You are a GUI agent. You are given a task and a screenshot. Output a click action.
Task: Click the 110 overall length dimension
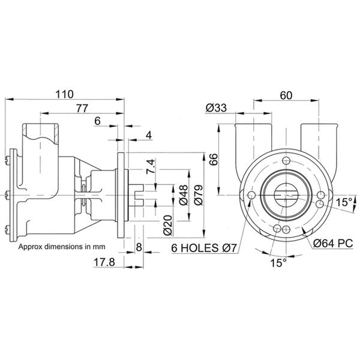pos(64,94)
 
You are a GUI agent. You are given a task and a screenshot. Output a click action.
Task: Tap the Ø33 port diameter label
pos(215,108)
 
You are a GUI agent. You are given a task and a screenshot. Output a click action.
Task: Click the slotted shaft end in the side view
pos(139,195)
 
